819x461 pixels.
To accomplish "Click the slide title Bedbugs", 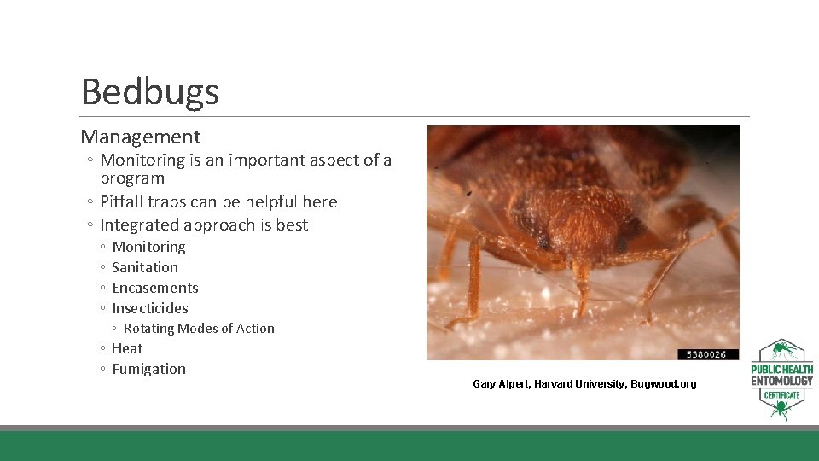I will point(149,91).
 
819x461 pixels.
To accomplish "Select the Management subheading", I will point(141,137).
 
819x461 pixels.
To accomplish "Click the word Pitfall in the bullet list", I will point(124,202).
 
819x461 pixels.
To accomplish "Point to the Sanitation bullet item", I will point(145,267).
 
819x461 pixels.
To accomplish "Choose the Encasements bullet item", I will point(154,288).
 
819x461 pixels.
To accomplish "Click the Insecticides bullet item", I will point(150,308).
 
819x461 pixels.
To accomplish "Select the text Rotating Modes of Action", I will point(199,329).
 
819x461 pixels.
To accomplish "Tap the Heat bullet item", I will point(127,348).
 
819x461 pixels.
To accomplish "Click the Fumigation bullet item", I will point(148,369).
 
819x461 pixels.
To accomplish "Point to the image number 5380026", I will point(707,353).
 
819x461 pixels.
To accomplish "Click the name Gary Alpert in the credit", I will point(501,384).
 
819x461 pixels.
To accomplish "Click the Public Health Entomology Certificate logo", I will point(781,380).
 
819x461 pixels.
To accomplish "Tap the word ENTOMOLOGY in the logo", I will point(781,381).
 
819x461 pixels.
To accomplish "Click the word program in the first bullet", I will point(131,179).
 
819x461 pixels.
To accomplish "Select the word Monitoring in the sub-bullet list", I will point(148,247).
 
